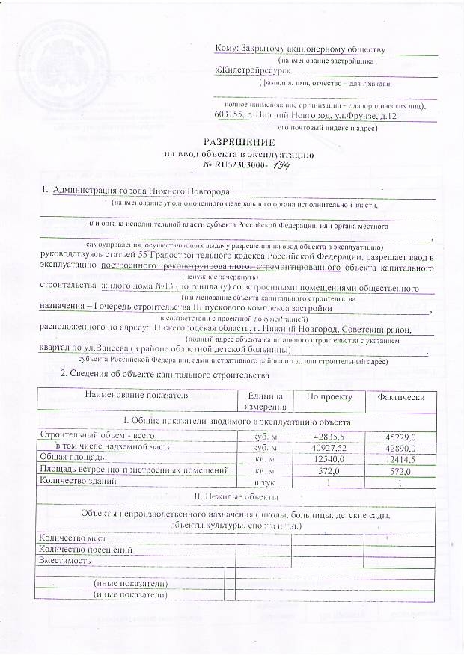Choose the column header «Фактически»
tap(400, 396)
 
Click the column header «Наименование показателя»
tap(132, 395)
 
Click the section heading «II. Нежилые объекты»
tap(232, 496)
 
